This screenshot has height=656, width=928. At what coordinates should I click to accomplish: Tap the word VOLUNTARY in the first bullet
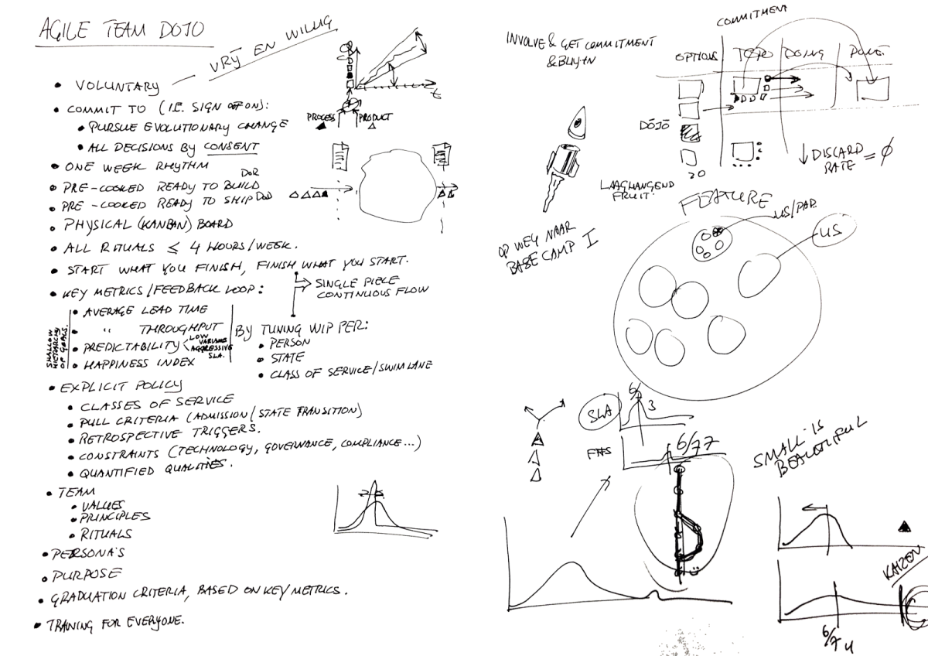(118, 84)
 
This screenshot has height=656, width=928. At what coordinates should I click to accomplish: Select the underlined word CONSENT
(231, 146)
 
